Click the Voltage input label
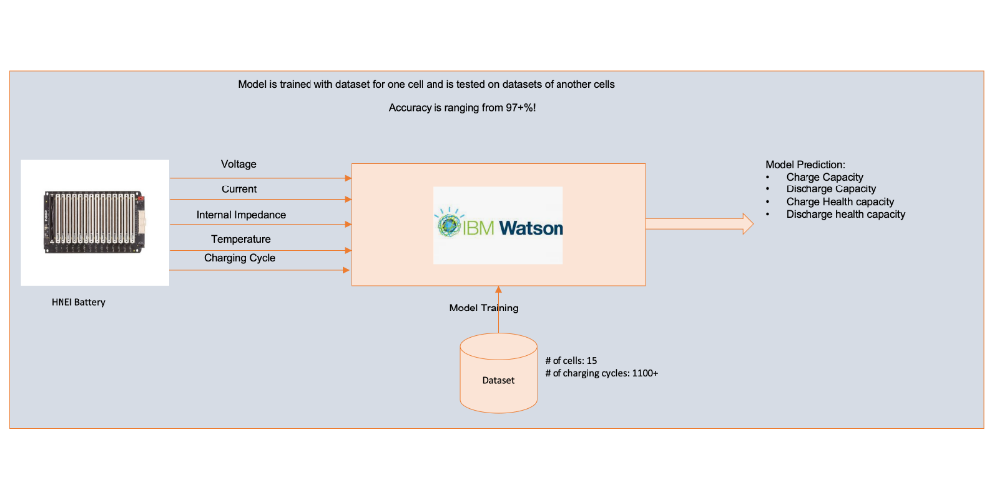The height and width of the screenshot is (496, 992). (238, 164)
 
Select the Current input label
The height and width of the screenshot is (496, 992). (238, 188)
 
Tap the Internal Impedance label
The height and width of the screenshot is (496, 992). (241, 214)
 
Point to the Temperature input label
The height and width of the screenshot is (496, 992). (240, 239)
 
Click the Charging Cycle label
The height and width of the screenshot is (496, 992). (240, 258)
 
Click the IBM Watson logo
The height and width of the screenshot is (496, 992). (498, 225)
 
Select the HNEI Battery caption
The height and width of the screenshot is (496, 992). (78, 302)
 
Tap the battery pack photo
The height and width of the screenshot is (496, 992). (94, 222)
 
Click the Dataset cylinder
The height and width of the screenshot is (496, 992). (498, 375)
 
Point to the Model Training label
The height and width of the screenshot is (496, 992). (484, 308)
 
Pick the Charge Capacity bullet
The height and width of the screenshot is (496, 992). (824, 177)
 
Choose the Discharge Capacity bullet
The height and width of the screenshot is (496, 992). (830, 188)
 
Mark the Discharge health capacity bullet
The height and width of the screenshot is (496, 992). (845, 214)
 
